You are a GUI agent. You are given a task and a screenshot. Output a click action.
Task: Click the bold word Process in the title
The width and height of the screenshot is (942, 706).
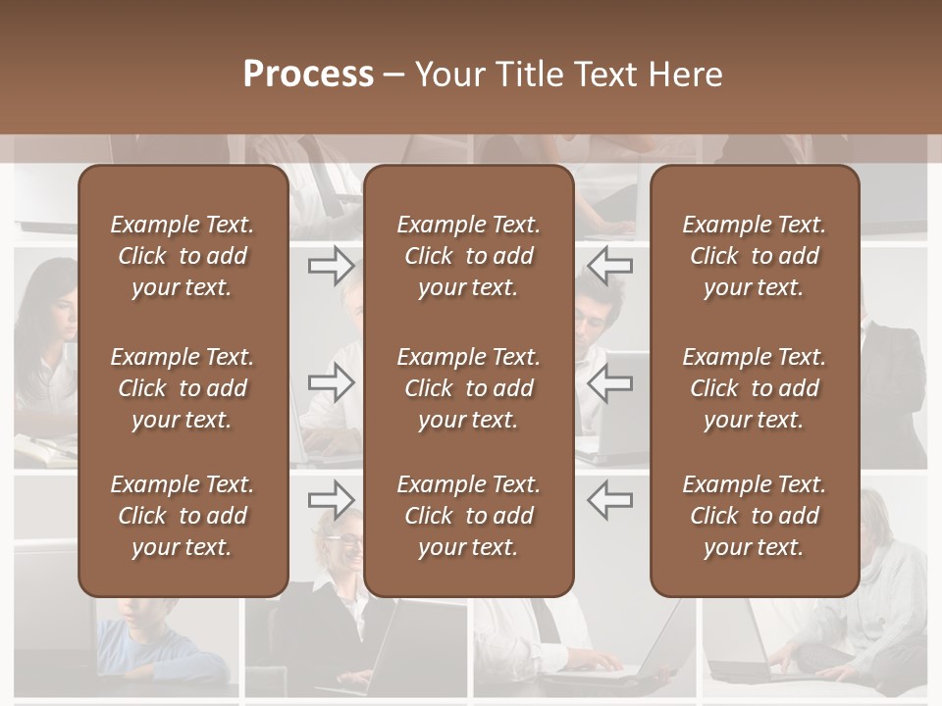pyautogui.click(x=308, y=75)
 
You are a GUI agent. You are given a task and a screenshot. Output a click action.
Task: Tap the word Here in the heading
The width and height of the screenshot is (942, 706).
pyautogui.click(x=684, y=75)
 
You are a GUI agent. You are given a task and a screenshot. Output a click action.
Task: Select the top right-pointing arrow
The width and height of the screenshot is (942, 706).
pyautogui.click(x=332, y=265)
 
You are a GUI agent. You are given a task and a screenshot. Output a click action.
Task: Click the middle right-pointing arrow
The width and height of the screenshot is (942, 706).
pyautogui.click(x=332, y=382)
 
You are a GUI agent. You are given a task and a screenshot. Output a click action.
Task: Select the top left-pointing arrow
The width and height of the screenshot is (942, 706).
pyautogui.click(x=609, y=265)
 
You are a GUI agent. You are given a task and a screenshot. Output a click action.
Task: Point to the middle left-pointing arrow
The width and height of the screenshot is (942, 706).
pyautogui.click(x=609, y=382)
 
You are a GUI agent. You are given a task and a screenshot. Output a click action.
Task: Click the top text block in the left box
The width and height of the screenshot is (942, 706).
pyautogui.click(x=183, y=256)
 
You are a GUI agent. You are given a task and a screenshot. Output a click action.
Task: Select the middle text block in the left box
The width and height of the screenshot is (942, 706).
pyautogui.click(x=183, y=388)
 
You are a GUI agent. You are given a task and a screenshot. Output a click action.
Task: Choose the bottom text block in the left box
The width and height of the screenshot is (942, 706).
pyautogui.click(x=183, y=516)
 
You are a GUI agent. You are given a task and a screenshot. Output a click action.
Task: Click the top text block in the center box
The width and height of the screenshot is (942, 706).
pyautogui.click(x=468, y=256)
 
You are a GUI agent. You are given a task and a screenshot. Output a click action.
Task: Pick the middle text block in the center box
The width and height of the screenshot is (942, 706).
pyautogui.click(x=468, y=388)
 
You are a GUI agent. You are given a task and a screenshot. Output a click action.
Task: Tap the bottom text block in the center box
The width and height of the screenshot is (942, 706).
pyautogui.click(x=468, y=516)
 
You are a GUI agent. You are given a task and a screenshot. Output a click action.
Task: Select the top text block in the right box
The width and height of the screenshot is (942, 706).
pyautogui.click(x=754, y=256)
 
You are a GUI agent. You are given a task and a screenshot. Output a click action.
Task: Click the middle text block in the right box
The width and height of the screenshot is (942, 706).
pyautogui.click(x=754, y=388)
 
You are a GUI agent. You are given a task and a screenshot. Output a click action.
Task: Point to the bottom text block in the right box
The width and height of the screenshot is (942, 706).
pyautogui.click(x=754, y=516)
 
